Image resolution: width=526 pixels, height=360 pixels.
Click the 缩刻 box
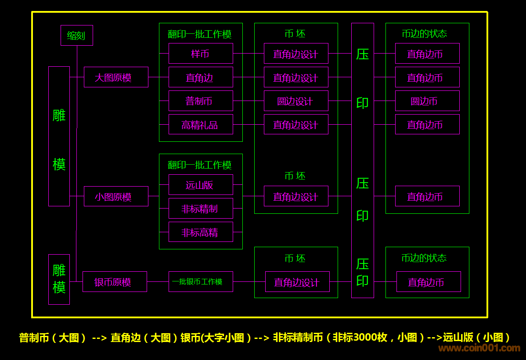tap(76, 36)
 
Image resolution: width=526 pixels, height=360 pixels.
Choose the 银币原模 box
tap(115, 281)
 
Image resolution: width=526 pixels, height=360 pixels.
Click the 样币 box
tap(201, 54)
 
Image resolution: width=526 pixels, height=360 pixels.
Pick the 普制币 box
tap(201, 101)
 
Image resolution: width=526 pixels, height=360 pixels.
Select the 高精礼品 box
tap(201, 125)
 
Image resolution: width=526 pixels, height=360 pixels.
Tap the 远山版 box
tap(201, 185)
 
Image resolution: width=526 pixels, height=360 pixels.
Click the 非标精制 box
tap(201, 209)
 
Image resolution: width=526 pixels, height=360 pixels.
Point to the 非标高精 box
tap(201, 232)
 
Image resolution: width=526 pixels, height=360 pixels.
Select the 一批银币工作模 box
tap(201, 281)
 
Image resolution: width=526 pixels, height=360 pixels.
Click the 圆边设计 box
tap(296, 101)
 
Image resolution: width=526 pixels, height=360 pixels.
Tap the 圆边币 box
tap(427, 101)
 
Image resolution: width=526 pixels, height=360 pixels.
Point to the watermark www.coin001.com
tap(479, 349)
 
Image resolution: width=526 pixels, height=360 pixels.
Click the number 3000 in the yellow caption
tap(368, 337)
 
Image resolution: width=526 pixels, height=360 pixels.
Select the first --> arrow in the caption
tap(99, 337)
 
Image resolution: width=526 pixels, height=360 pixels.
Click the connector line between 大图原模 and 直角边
tap(159, 77)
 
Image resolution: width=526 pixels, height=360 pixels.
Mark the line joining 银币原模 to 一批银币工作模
tap(158, 281)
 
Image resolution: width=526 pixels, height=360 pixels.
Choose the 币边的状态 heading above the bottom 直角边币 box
tap(424, 258)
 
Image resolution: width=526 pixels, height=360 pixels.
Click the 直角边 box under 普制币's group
tap(201, 77)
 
